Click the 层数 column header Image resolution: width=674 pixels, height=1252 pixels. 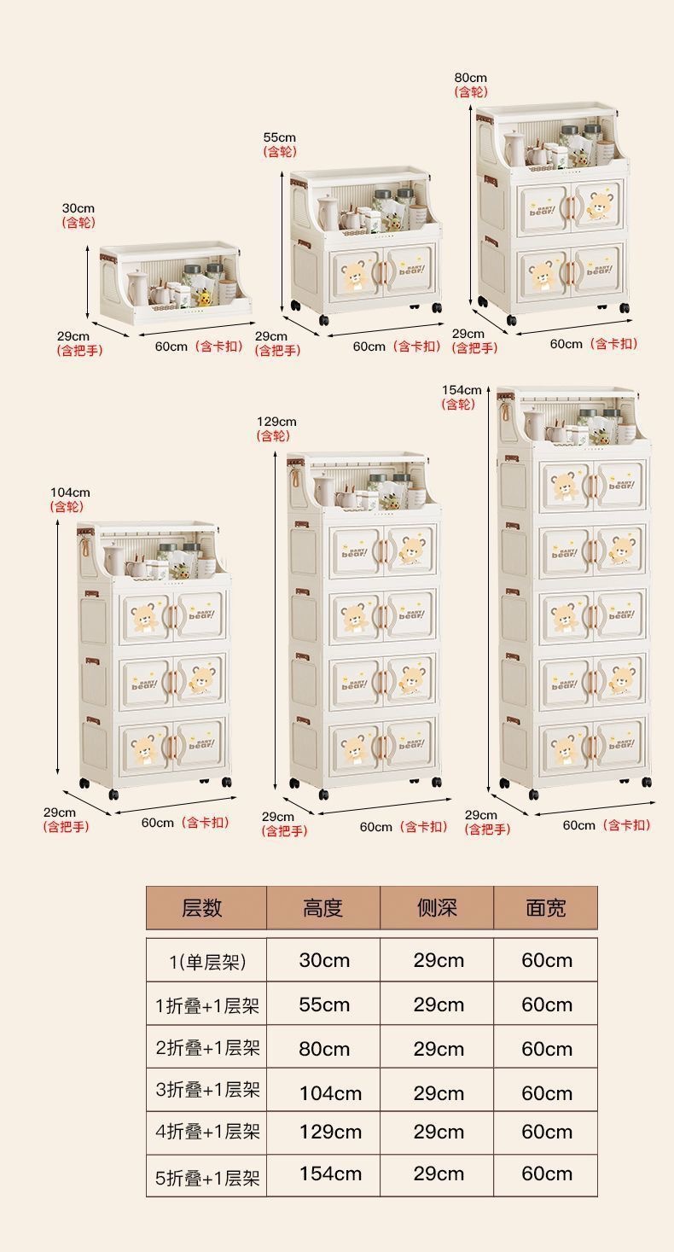(x=201, y=908)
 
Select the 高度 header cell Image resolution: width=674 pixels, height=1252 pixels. (x=322, y=908)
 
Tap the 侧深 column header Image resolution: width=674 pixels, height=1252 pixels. (x=437, y=908)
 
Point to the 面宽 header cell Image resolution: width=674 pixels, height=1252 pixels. (x=546, y=908)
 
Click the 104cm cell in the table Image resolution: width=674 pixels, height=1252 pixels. (x=330, y=1093)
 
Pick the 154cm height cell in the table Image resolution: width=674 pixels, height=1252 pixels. (x=330, y=1173)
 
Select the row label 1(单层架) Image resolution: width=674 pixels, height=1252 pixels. (x=207, y=962)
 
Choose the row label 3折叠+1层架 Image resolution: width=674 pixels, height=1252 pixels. (x=207, y=1089)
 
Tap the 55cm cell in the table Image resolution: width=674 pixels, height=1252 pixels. (x=324, y=1005)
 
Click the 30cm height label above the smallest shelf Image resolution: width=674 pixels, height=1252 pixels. (x=78, y=208)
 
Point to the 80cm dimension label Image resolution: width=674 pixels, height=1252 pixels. (x=471, y=78)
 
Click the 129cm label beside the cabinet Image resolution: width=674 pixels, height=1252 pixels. (x=276, y=422)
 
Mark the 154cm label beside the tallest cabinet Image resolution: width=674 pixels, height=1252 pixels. (x=462, y=390)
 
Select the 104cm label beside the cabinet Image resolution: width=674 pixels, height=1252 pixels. (x=70, y=492)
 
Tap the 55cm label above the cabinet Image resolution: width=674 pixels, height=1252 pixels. (x=280, y=137)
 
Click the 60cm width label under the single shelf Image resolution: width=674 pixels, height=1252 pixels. (x=171, y=346)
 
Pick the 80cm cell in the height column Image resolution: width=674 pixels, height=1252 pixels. (x=324, y=1049)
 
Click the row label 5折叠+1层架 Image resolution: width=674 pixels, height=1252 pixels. (x=207, y=1179)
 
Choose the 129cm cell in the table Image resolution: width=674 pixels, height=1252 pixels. (x=330, y=1132)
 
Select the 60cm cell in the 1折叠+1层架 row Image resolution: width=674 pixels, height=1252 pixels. (x=547, y=1005)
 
